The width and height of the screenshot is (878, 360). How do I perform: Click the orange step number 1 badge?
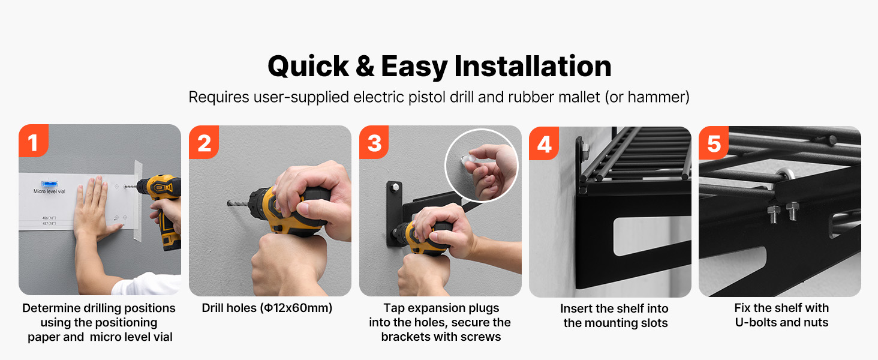pos(34,141)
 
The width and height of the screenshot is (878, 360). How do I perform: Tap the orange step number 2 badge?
pos(204,142)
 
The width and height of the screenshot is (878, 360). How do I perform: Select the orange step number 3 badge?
pos(374,142)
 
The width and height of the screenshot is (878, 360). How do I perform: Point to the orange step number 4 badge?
pos(544,143)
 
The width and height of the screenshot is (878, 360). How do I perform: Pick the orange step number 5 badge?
pos(714,143)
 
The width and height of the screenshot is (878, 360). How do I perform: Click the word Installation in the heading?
pos(533,66)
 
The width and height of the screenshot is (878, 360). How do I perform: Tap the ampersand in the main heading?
pos(365,66)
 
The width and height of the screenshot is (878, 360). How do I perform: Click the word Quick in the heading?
pos(308,67)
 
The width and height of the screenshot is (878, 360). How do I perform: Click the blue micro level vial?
pos(49,184)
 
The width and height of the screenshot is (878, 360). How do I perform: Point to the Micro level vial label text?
pos(49,191)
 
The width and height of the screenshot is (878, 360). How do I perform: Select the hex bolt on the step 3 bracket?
pos(395,187)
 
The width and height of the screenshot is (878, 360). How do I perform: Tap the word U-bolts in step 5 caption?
pos(756,322)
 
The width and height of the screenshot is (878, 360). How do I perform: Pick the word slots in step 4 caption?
pos(654,323)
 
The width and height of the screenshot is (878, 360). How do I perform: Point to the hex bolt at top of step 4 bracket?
pos(585,148)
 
